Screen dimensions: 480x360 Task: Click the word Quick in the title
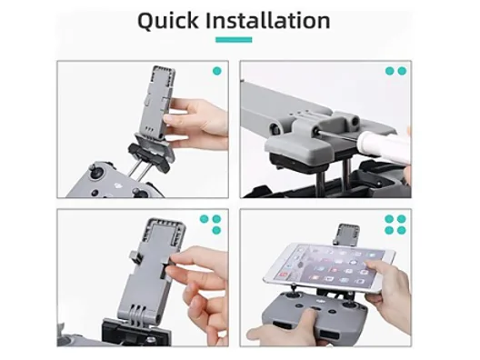click(x=168, y=21)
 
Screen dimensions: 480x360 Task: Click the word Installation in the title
click(x=268, y=20)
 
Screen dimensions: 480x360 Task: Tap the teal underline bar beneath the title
click(x=234, y=40)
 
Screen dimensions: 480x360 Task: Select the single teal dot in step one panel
click(x=216, y=71)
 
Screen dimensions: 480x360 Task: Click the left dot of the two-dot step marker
click(x=389, y=71)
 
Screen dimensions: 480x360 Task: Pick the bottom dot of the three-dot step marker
click(x=216, y=230)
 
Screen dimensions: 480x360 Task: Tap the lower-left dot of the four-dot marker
click(x=389, y=230)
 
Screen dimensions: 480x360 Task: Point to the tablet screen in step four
click(x=329, y=265)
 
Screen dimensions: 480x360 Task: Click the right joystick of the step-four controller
click(x=350, y=305)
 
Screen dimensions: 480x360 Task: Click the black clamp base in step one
click(x=149, y=157)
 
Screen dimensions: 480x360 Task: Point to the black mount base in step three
click(x=135, y=332)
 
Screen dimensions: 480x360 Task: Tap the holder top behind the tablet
click(x=347, y=235)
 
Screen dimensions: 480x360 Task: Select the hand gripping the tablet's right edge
click(x=390, y=291)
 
